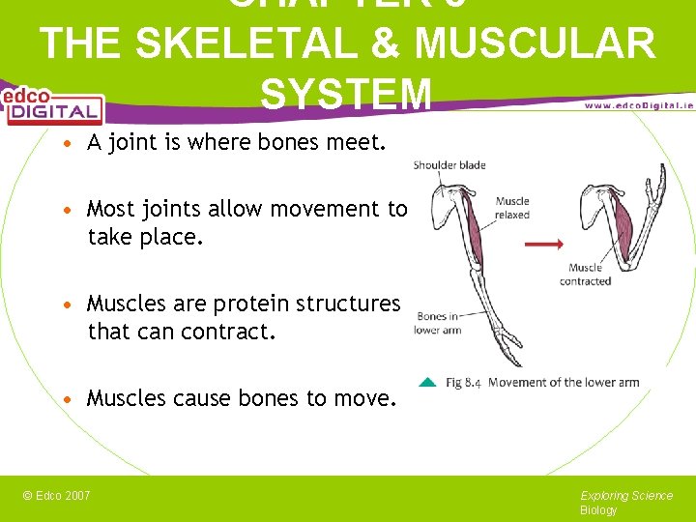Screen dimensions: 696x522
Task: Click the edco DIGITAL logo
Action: (x=52, y=105)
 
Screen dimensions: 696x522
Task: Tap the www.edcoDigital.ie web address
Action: (x=638, y=104)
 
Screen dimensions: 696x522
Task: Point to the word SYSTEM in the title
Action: (x=345, y=94)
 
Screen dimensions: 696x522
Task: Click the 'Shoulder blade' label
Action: (x=449, y=165)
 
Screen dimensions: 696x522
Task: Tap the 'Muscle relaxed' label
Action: (x=512, y=208)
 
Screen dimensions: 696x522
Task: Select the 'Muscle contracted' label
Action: (x=585, y=275)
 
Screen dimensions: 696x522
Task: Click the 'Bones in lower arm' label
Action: (x=438, y=323)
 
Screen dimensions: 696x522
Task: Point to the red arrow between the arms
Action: (x=543, y=244)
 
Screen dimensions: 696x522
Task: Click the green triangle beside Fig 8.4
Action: (x=427, y=381)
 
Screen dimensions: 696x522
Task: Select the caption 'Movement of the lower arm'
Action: (x=564, y=382)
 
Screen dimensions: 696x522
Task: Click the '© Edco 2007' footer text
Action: (x=56, y=496)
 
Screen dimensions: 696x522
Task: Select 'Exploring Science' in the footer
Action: (x=626, y=496)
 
